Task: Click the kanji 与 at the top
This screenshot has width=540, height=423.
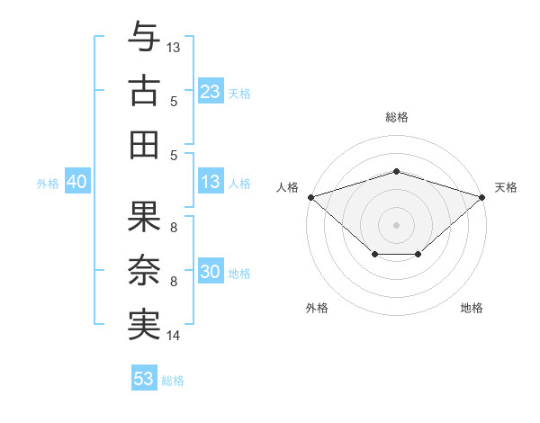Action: (x=144, y=36)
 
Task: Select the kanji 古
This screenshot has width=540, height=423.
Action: (x=144, y=91)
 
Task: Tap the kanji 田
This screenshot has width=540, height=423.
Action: (x=144, y=145)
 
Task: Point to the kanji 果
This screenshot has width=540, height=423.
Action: (x=144, y=216)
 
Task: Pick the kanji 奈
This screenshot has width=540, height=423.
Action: (x=144, y=270)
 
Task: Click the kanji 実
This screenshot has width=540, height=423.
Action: (x=144, y=325)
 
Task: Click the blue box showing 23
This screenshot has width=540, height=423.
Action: (x=211, y=91)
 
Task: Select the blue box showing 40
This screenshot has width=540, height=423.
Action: (x=77, y=181)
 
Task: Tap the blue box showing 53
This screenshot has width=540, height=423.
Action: (x=144, y=377)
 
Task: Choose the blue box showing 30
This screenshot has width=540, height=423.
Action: (x=211, y=270)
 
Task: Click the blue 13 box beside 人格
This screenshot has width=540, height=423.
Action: (x=211, y=181)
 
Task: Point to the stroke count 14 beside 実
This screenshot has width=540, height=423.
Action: (x=173, y=336)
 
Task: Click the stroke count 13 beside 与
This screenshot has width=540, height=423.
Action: (x=173, y=48)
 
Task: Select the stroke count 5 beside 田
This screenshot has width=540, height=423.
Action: (x=174, y=156)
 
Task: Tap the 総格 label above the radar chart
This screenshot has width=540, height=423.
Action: (x=397, y=117)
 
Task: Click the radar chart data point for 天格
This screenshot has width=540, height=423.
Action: (x=482, y=197)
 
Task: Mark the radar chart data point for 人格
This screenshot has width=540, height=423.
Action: (x=311, y=197)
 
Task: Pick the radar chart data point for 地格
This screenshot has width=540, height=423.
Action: (x=418, y=254)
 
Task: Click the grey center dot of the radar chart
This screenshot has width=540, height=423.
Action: (x=396, y=225)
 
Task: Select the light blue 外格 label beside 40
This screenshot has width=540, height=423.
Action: (x=48, y=184)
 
